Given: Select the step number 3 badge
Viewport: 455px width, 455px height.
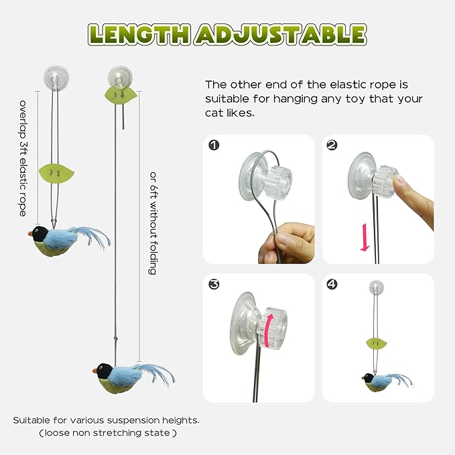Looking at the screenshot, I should [x=213, y=284].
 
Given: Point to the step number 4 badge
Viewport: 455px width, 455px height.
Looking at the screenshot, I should [x=332, y=284].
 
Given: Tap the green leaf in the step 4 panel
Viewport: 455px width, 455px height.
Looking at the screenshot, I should [x=377, y=344].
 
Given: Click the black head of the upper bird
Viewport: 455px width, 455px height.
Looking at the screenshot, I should [x=41, y=233].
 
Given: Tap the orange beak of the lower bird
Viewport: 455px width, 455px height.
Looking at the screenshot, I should [x=94, y=369].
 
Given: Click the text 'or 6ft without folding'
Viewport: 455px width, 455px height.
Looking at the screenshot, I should [x=153, y=223].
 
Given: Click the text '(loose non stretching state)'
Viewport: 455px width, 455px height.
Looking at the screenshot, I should [x=107, y=434].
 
